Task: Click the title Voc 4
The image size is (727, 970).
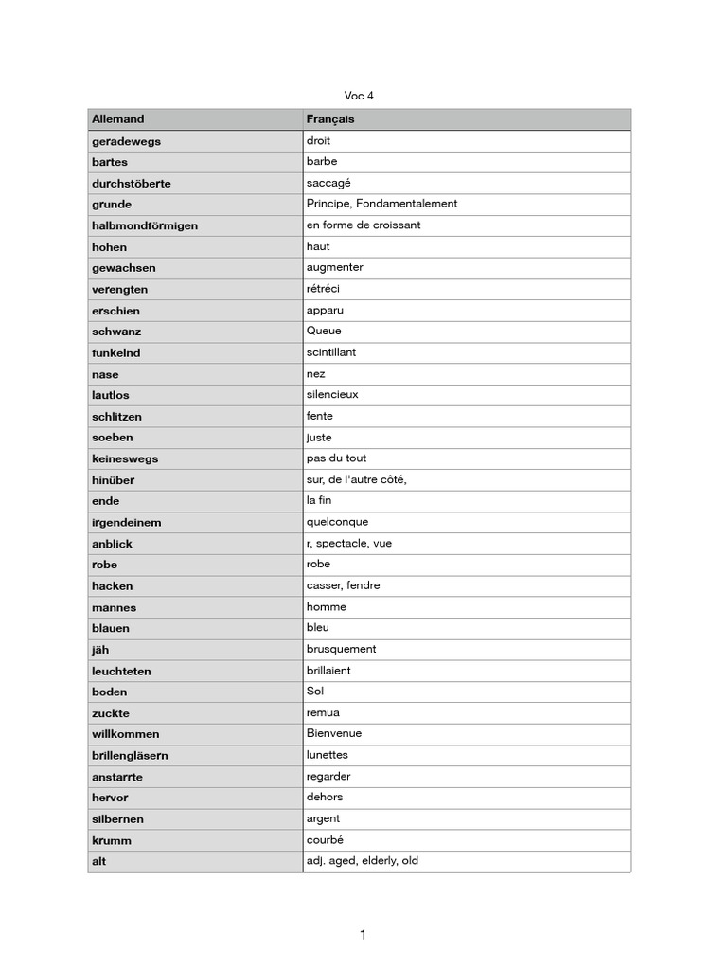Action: (x=359, y=96)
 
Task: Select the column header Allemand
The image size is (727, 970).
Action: (x=118, y=119)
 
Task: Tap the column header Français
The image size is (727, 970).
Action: (x=330, y=119)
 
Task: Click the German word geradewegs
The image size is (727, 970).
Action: (x=126, y=141)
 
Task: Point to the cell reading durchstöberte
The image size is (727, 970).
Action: (x=132, y=183)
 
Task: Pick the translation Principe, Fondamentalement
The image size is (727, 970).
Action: (x=381, y=204)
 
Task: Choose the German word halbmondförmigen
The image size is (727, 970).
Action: (x=145, y=225)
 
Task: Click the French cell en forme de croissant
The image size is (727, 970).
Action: (x=363, y=225)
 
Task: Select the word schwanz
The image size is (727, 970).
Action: (x=116, y=332)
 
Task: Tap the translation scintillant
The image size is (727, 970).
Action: (x=331, y=352)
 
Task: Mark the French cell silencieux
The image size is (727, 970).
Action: (x=332, y=395)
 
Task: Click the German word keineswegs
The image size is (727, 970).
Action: (x=125, y=458)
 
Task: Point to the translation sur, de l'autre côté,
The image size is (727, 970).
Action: (x=356, y=479)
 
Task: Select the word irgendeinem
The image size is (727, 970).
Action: (x=126, y=522)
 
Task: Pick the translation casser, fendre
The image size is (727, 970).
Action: (x=343, y=585)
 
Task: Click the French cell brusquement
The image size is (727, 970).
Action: (x=341, y=649)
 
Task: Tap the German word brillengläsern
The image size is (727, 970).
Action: (x=130, y=755)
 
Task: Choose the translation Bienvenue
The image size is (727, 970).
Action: (x=334, y=734)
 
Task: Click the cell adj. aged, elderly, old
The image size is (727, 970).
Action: (x=362, y=861)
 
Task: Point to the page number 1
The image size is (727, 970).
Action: (x=363, y=936)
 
